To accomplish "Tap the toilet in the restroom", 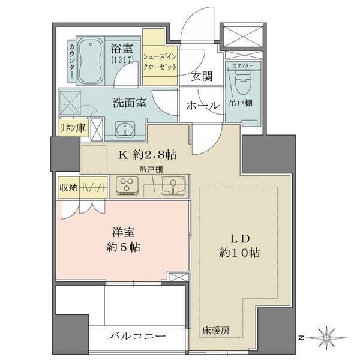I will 242,80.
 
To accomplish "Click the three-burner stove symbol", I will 127,185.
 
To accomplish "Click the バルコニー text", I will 137,337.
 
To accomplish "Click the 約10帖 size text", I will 238,253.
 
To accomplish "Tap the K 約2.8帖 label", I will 147,154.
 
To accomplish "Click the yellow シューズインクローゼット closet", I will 160,62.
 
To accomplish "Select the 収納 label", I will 67,187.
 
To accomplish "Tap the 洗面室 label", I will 130,103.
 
